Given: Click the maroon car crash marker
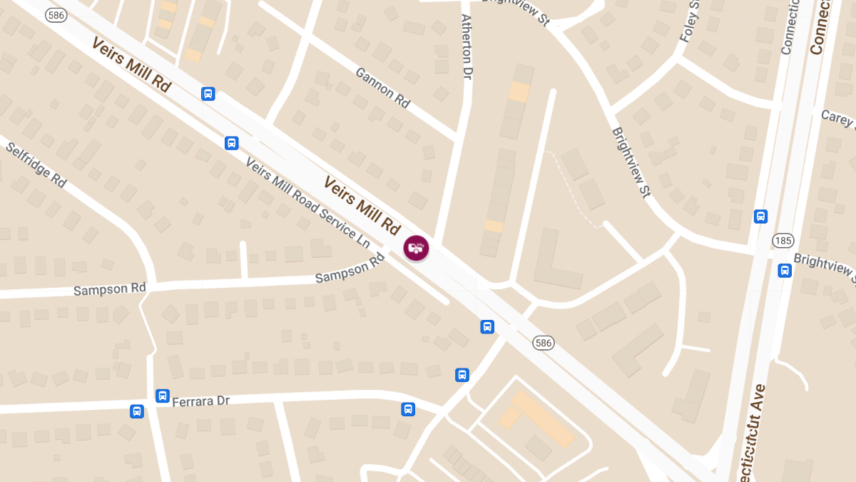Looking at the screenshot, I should [416, 248].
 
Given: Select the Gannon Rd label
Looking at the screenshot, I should [382, 88].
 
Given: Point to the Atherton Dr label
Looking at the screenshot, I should [467, 46].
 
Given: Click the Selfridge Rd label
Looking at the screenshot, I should [36, 164].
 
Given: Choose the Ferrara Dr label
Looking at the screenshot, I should [201, 401].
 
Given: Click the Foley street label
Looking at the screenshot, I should [691, 21].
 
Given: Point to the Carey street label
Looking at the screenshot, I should [837, 118].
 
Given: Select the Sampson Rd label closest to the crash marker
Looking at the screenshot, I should [350, 268].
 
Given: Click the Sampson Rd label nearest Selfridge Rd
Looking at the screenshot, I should [110, 288].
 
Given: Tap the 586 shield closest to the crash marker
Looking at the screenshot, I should [544, 343].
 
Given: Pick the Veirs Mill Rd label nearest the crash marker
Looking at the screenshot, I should [362, 206].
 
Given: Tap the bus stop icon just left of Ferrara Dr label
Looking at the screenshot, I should [163, 396].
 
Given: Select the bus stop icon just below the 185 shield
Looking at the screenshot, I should [785, 270].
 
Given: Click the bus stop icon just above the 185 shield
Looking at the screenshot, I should [761, 216].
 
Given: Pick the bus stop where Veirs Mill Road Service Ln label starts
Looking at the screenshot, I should [232, 143].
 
